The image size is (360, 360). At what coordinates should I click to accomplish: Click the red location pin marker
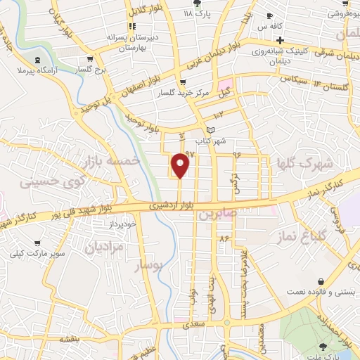[181, 164]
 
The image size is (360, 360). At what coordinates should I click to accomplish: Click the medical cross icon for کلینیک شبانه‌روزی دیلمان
[280, 40]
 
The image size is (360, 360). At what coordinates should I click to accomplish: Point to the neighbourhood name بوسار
[148, 266]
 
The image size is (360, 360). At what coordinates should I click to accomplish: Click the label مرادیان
[104, 247]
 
